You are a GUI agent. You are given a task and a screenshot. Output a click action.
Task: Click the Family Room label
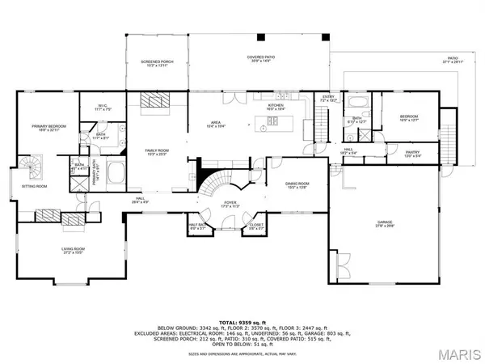tap(156, 151)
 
